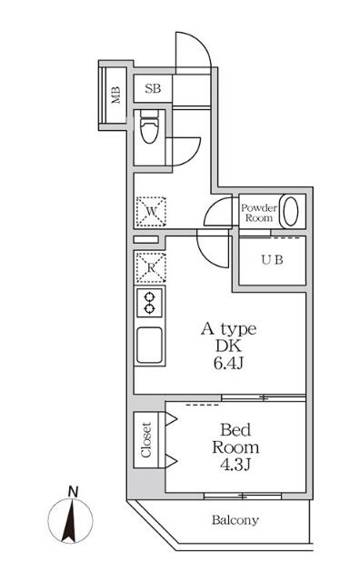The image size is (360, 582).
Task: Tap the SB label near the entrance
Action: pos(153,89)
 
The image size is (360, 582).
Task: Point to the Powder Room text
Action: pos(257,212)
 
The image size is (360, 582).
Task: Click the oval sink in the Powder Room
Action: pos(291,211)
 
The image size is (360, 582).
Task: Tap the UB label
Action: pos(273,259)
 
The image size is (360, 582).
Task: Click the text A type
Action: pos(228,329)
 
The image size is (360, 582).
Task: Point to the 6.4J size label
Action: pos(228,364)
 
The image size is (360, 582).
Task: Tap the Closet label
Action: pos(145,439)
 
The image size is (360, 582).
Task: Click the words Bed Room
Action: pos(235,438)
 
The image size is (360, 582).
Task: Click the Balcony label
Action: pos(235,521)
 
